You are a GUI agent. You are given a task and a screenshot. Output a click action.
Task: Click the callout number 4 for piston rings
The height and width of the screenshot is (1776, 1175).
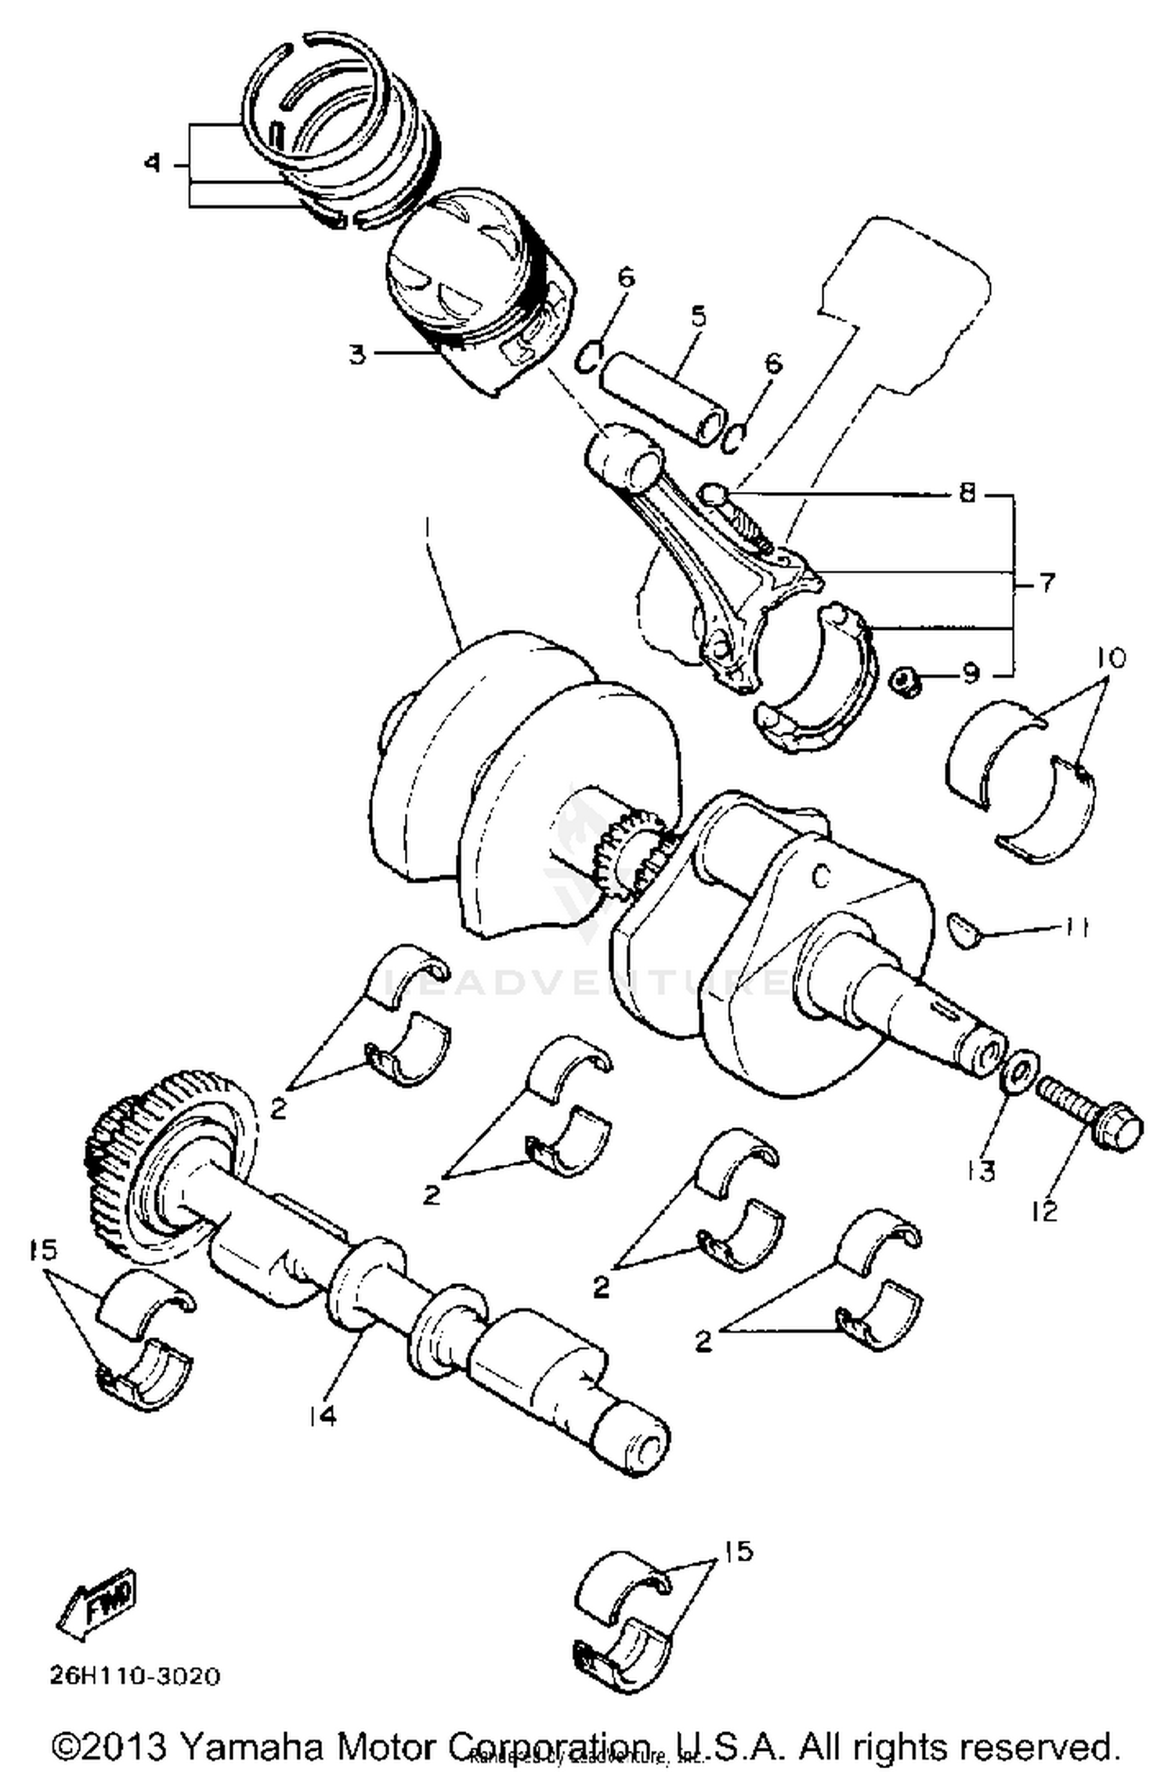(153, 164)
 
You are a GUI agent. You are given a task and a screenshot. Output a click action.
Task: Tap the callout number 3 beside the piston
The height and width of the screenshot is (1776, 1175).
(357, 354)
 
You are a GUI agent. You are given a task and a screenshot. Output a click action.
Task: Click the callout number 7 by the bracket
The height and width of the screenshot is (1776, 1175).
(1047, 583)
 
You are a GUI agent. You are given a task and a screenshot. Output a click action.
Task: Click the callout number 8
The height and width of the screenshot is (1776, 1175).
(968, 494)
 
